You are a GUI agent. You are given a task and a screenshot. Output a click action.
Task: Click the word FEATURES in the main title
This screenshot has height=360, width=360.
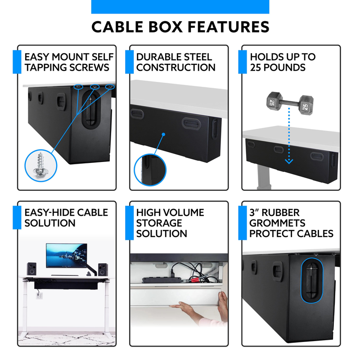click(x=229, y=27)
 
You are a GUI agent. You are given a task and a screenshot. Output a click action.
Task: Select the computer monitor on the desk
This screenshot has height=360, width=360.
click(x=66, y=256)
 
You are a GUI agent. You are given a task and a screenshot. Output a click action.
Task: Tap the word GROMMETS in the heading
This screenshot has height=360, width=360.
click(x=277, y=223)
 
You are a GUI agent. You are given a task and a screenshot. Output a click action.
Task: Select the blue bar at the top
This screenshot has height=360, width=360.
click(x=180, y=7)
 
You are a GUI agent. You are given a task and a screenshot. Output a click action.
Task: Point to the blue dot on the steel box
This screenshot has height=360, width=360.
click(x=164, y=134)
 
